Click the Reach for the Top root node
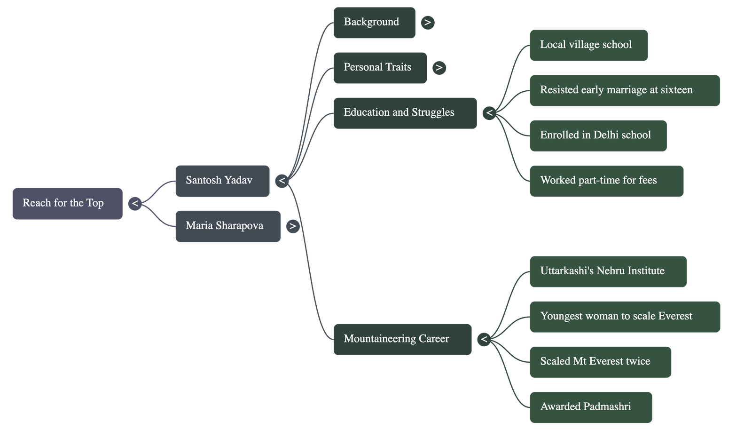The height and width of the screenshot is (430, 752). pyautogui.click(x=67, y=203)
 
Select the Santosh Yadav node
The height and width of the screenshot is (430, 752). pyautogui.click(x=222, y=181)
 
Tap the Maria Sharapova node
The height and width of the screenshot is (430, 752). pyautogui.click(x=227, y=226)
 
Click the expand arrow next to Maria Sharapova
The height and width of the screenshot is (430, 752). pyautogui.click(x=293, y=226)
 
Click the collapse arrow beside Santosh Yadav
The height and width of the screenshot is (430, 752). pyautogui.click(x=282, y=181)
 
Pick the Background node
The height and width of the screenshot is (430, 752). pyautogui.click(x=374, y=23)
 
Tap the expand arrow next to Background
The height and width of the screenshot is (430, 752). pyautogui.click(x=428, y=23)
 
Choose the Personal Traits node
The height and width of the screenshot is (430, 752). pyautogui.click(x=380, y=68)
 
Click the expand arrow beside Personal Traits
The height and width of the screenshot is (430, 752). pyautogui.click(x=439, y=68)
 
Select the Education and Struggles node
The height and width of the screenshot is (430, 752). pyautogui.click(x=405, y=113)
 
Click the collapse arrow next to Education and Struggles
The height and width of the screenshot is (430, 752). pyautogui.click(x=489, y=113)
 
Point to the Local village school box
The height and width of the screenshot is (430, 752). pyautogui.click(x=588, y=45)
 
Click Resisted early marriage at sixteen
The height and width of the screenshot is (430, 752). pyautogui.click(x=624, y=90)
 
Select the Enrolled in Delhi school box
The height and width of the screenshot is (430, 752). pyautogui.click(x=598, y=135)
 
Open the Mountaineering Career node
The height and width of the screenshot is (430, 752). pyautogui.click(x=402, y=339)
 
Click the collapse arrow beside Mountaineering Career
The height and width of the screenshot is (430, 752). pyautogui.click(x=484, y=339)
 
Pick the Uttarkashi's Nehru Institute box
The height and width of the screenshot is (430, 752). pyautogui.click(x=608, y=271)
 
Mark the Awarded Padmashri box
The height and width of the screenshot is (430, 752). pyautogui.click(x=590, y=407)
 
